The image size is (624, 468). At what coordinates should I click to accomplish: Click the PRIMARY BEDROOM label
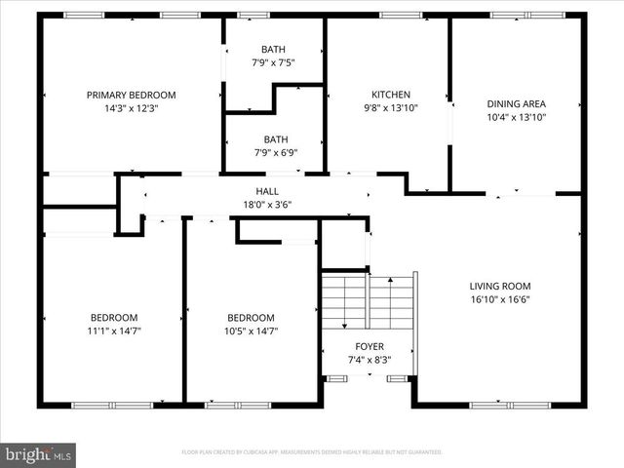point(131,95)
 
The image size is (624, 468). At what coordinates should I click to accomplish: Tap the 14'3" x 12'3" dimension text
point(131,109)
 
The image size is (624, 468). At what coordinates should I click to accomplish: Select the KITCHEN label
point(390,95)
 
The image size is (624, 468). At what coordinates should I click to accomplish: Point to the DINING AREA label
point(516,103)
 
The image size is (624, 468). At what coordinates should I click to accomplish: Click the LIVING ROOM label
point(500,286)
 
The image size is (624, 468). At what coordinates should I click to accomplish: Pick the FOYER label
point(369,346)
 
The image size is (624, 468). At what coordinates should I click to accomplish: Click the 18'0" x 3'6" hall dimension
point(267,205)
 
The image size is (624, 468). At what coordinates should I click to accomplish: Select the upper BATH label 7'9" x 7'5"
point(273,50)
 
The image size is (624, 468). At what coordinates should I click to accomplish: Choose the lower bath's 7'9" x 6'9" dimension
point(274,152)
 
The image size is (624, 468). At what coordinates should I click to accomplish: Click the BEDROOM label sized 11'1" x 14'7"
point(114,317)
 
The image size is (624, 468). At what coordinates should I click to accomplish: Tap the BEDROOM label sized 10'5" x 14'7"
point(251,317)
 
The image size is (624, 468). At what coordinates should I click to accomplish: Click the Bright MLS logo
point(39,453)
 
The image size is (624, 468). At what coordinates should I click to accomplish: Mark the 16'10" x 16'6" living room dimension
point(500,300)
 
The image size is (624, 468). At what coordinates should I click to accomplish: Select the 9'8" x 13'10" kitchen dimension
point(390,108)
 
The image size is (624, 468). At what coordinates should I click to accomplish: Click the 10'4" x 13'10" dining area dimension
point(516,117)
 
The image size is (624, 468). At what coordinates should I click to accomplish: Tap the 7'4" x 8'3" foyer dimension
point(369,360)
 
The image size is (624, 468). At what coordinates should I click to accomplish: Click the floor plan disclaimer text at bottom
point(312,452)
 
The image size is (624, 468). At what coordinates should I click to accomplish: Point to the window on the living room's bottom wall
point(504,404)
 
